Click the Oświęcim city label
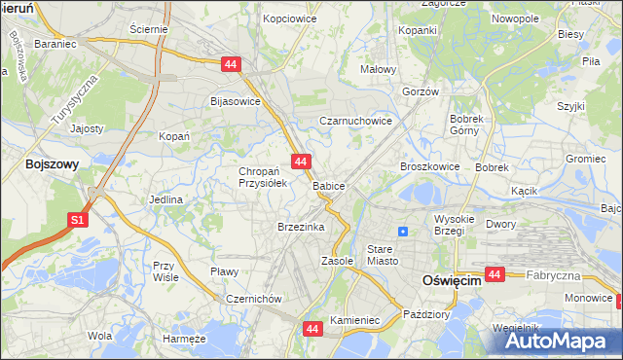(x=452, y=280)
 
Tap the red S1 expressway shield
(x=79, y=221)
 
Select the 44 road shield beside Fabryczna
(x=495, y=275)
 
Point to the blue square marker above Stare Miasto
(x=403, y=232)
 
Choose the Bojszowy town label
(x=53, y=164)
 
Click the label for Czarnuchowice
(x=356, y=122)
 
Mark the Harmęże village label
(x=185, y=339)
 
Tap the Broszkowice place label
(x=429, y=166)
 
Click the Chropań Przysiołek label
(x=259, y=177)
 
